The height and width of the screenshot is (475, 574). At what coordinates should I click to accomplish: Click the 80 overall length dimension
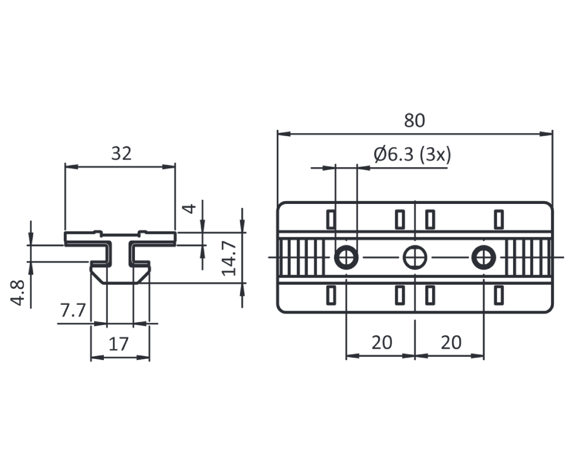(414, 121)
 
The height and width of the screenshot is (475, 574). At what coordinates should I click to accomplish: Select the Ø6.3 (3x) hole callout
(412, 155)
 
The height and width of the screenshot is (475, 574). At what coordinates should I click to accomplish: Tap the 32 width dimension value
(121, 153)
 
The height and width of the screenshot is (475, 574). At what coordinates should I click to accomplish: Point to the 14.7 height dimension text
(230, 258)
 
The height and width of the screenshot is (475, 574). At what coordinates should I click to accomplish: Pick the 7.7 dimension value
(73, 311)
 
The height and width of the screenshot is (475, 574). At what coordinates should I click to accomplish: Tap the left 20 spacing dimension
(381, 342)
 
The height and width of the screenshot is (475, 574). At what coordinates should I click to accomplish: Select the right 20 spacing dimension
(451, 342)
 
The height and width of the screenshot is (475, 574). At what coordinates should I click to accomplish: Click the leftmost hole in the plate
(346, 257)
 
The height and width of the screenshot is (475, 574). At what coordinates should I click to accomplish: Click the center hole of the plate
(414, 257)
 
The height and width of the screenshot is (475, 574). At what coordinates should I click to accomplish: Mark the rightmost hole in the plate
(483, 257)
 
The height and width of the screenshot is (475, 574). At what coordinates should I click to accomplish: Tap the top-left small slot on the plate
(331, 219)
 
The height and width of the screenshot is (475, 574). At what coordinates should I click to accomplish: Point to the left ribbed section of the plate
(303, 257)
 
